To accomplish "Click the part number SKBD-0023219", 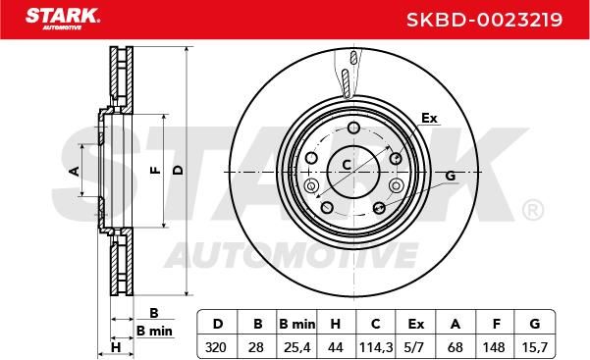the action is click(484, 20).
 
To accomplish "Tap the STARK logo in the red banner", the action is click(63, 19).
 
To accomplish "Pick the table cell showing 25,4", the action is click(296, 347).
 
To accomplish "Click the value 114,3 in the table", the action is click(376, 347).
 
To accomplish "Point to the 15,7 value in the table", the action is click(535, 347).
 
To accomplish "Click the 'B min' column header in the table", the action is click(296, 324).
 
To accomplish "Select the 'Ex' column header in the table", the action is click(416, 324).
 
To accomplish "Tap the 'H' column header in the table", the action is click(336, 324).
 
